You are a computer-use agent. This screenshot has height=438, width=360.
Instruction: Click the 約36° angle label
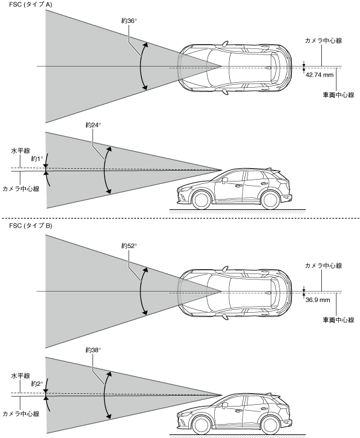pyautogui.click(x=129, y=21)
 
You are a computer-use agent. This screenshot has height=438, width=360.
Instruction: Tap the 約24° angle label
pyautogui.click(x=93, y=125)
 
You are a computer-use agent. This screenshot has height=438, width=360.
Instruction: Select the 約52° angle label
pyautogui.click(x=129, y=246)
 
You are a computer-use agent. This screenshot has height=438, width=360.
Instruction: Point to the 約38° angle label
pyautogui.click(x=93, y=350)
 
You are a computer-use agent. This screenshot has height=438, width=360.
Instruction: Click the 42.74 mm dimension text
pyautogui.click(x=319, y=75)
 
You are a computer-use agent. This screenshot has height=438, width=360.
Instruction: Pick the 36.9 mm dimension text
pyautogui.click(x=318, y=300)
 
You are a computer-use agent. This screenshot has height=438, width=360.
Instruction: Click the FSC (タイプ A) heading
pyautogui.click(x=30, y=4)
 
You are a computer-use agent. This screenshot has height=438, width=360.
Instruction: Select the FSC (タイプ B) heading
pyautogui.click(x=30, y=226)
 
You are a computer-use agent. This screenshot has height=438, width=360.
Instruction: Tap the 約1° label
pyautogui.click(x=37, y=159)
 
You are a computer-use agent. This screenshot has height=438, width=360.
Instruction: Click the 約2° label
pyautogui.click(x=37, y=384)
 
